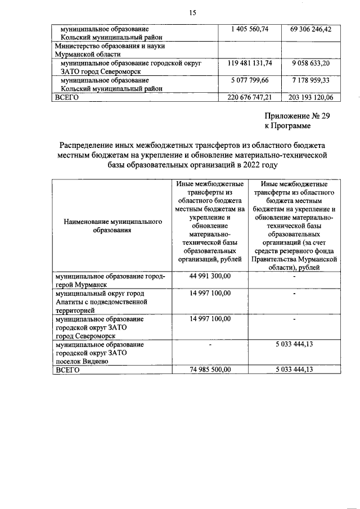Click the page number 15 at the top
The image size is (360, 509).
point(192,12)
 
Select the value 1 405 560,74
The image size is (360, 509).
point(249,29)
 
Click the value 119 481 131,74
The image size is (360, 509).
point(249,64)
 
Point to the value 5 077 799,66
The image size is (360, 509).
point(249,80)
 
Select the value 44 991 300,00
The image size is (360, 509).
point(210,277)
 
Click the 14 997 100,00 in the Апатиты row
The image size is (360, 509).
point(210,294)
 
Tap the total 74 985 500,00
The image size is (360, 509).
point(210,370)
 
